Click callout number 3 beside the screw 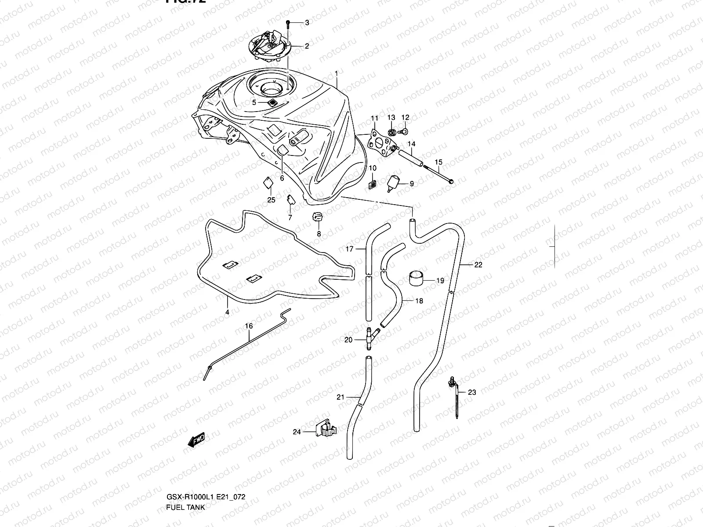[x=307, y=23]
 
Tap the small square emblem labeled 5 [x=273, y=102]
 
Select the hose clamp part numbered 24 [x=325, y=429]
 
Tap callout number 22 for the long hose [x=478, y=265]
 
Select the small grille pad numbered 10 [x=372, y=184]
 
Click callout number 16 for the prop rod [x=249, y=326]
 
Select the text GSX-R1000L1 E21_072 [x=206, y=497]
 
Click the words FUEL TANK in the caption [x=185, y=507]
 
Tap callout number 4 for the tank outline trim [x=227, y=312]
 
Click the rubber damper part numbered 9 [x=392, y=183]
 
